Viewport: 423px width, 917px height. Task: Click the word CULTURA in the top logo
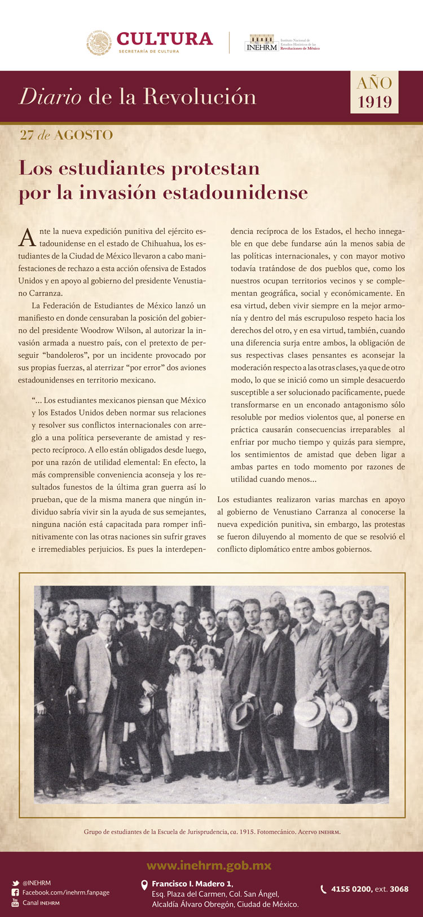(x=165, y=38)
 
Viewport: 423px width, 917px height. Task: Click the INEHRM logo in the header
(x=262, y=43)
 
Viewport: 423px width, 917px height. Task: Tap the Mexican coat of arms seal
(x=99, y=43)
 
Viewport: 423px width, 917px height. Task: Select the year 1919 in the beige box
(x=374, y=101)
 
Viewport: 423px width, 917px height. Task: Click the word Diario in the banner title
(x=50, y=97)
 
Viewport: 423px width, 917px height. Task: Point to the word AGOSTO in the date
(x=83, y=135)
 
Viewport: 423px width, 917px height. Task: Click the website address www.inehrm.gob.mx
(x=209, y=866)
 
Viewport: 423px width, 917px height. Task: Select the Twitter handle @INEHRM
(x=37, y=883)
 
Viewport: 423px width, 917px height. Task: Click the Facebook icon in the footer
(x=15, y=893)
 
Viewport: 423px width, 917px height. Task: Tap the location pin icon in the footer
(x=144, y=885)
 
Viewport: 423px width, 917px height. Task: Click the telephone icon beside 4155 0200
(x=323, y=889)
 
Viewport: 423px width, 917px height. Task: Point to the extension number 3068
(x=399, y=889)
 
